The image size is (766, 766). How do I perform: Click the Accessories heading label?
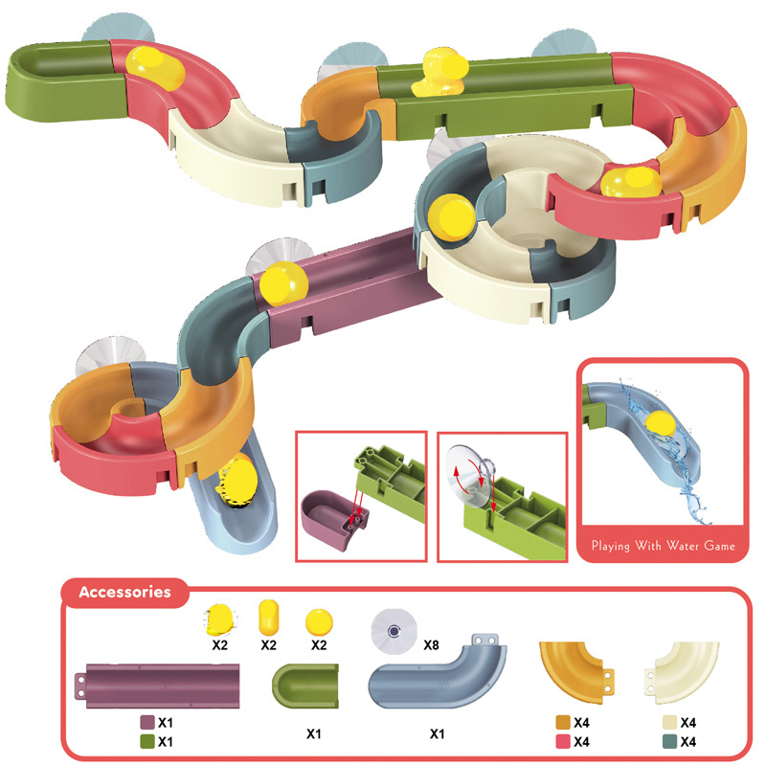(x=124, y=592)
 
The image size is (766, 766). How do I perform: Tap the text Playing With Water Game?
(x=662, y=546)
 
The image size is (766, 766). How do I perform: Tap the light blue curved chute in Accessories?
(x=436, y=675)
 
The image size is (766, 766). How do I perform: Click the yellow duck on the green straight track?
(x=438, y=73)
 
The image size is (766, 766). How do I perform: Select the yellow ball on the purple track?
(x=284, y=283)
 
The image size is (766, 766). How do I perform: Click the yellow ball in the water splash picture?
(x=659, y=425)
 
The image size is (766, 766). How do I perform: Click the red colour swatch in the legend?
(x=563, y=741)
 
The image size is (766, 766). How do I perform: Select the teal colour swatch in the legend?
(x=668, y=741)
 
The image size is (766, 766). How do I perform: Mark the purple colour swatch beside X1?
(x=147, y=722)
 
